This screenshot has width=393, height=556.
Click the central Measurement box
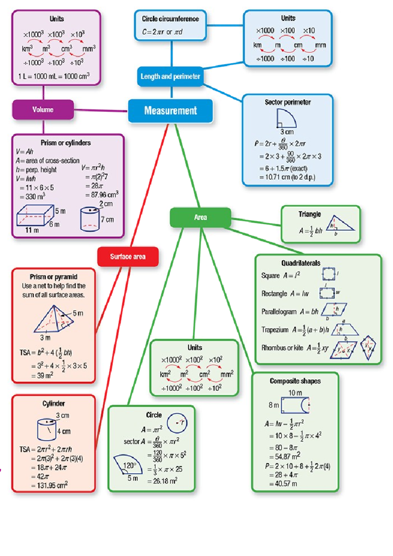pyautogui.click(x=170, y=111)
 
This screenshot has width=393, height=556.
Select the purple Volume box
pyautogui.click(x=43, y=109)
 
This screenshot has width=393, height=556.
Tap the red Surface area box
pyautogui.click(x=128, y=257)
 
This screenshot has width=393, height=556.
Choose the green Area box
pyautogui.click(x=200, y=217)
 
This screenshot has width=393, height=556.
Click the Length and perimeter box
pyautogui.click(x=170, y=76)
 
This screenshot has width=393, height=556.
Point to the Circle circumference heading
pyautogui.click(x=170, y=19)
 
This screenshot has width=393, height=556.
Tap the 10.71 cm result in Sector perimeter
pyautogui.click(x=287, y=177)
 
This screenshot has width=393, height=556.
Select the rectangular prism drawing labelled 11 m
pyautogui.click(x=35, y=215)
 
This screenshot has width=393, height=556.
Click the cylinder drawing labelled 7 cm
pyautogui.click(x=90, y=219)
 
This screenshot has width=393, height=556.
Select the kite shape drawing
pyautogui.click(x=368, y=347)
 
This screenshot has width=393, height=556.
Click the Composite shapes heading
pyautogui.click(x=295, y=381)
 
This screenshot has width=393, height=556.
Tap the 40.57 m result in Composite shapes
pyautogui.click(x=284, y=484)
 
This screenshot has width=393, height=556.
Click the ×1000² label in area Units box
pyautogui.click(x=171, y=360)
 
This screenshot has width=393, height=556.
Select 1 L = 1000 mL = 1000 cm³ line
pyautogui.click(x=54, y=76)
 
